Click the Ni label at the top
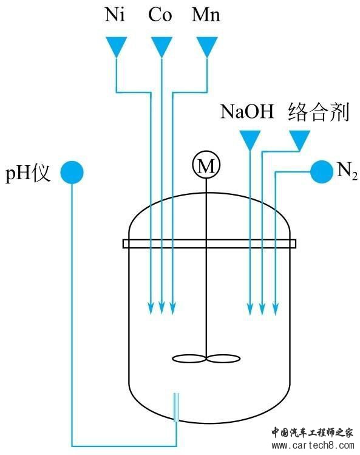(115, 15)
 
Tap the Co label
(160, 15)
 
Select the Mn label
(206, 15)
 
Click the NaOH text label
(247, 111)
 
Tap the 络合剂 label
(319, 111)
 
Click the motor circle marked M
(206, 165)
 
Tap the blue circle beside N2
(322, 172)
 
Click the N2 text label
(347, 171)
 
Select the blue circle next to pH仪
(72, 173)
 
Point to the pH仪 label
(28, 173)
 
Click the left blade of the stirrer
(189, 359)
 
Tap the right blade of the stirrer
(223, 359)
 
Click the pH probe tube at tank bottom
(176, 407)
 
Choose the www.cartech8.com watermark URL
(313, 445)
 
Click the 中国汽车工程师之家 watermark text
(312, 433)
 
